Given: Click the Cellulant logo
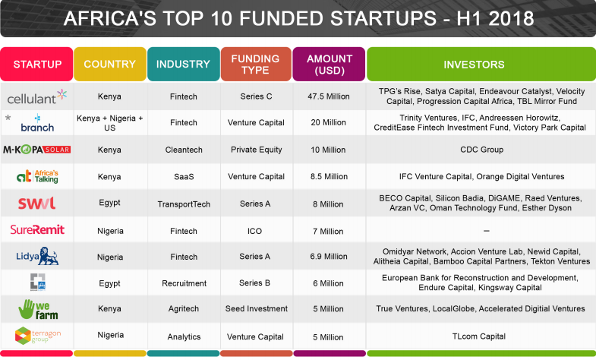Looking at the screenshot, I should tap(36, 96).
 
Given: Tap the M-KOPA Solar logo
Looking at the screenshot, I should tap(36, 150).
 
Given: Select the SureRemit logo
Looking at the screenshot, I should tap(36, 229).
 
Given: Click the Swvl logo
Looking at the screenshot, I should tap(36, 203).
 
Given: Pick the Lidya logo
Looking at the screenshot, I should tap(36, 256).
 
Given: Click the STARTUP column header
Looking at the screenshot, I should tap(37, 64).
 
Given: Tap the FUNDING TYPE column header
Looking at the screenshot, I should tap(255, 64).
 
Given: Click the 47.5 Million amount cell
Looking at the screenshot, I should tap(327, 96).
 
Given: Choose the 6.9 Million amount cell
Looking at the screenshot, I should tap(327, 257).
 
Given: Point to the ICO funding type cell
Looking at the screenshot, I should tap(256, 230).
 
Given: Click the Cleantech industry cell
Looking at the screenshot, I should tap(183, 150).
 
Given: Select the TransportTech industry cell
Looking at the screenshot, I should tap(183, 204).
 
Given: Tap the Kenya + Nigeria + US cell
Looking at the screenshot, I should tap(110, 123).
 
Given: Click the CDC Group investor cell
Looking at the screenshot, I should tap(481, 150).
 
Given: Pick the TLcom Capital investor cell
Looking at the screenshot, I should tap(481, 336).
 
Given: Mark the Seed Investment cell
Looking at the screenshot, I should tap(256, 309).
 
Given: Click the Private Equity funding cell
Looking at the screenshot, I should tap(256, 150).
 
